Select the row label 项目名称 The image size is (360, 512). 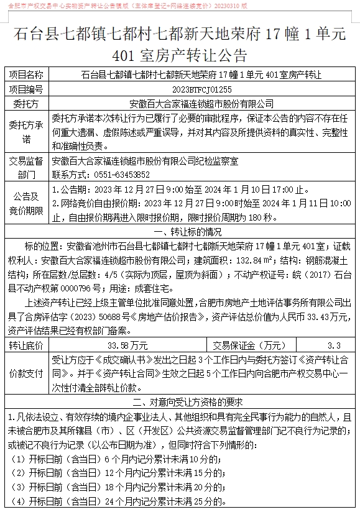[x=25, y=76]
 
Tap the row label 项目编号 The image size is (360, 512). [x=25, y=89]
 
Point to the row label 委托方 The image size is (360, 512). [x=25, y=103]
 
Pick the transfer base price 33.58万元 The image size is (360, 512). [x=127, y=345]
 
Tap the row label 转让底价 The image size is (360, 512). [x=25, y=345]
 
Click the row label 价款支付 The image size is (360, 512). [x=25, y=372]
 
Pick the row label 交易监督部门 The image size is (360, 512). [x=25, y=168]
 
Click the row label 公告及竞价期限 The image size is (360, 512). [x=25, y=203]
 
